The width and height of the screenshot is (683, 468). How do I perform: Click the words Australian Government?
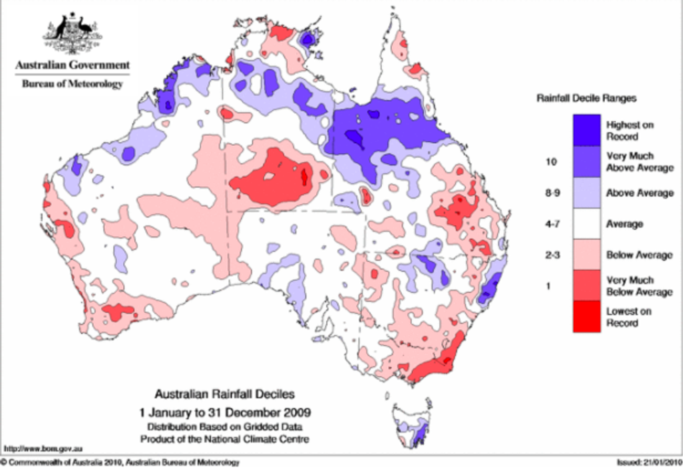coord(73,65)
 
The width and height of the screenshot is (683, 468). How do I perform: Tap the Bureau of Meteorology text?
coord(73,84)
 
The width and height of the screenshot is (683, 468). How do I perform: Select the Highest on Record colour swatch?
coord(587,130)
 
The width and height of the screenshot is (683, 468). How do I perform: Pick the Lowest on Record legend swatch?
coord(587,317)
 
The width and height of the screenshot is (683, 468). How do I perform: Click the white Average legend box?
coord(587,223)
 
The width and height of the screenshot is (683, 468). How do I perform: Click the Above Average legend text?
coord(640,193)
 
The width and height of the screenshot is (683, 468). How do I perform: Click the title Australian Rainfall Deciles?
coord(225,394)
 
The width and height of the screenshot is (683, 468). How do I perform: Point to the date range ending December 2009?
coord(225,412)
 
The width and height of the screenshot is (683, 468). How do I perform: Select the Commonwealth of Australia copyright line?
coord(119,462)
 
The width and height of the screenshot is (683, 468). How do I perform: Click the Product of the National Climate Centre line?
coord(225,439)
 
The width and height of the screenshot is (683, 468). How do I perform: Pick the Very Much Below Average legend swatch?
coord(587,286)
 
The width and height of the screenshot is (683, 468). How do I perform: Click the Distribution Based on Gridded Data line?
coord(225,427)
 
